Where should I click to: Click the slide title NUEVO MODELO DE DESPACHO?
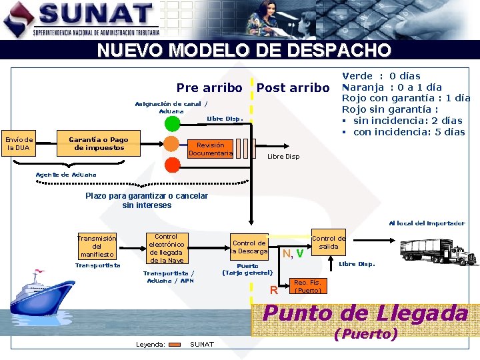coord(244,51)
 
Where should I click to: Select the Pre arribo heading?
coord(209,88)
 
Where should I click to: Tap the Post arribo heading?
coord(293,88)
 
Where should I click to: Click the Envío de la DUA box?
coord(19,144)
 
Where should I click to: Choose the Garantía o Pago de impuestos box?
coord(99,144)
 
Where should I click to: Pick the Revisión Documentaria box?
coord(211,149)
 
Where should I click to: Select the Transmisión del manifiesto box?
coord(97,246)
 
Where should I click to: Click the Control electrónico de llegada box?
coord(166,248)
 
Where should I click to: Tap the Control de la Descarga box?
coord(249,247)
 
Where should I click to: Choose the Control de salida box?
coord(329,243)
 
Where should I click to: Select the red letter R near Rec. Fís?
coord(273,290)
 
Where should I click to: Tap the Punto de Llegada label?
coord(366,313)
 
